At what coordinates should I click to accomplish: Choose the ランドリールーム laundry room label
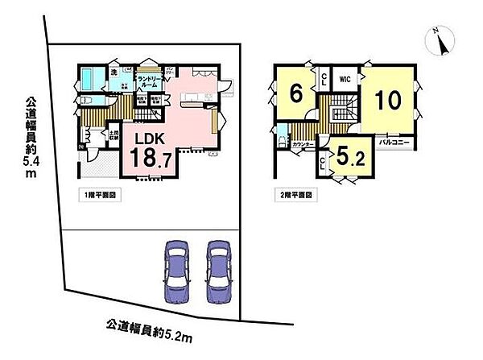click(151, 81)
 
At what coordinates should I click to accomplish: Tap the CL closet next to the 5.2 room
click(324, 164)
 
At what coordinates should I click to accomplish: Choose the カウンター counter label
click(303, 143)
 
